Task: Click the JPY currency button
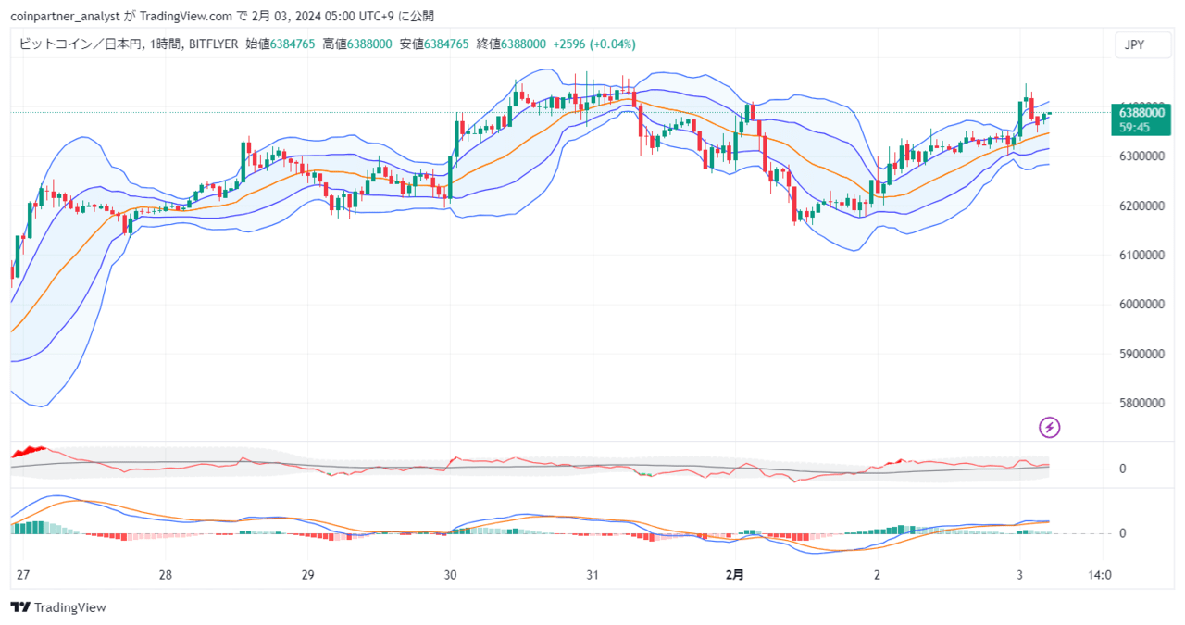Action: pos(1142,45)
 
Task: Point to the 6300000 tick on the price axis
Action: pos(1141,156)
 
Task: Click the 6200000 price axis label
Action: pos(1141,206)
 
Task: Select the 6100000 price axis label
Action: pos(1141,255)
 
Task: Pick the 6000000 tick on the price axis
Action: pos(1141,305)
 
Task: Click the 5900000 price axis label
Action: pos(1141,354)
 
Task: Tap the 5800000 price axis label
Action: pos(1141,404)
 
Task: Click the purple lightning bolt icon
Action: pos(1050,428)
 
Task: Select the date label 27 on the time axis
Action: pos(23,575)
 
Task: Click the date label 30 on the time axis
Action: pos(450,575)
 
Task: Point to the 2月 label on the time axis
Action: pos(735,575)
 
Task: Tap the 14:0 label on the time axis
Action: pos(1100,575)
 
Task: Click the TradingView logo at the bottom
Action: pos(58,607)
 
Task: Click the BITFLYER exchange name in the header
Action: pos(213,44)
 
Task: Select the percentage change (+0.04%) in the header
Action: pos(613,44)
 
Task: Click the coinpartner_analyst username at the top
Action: pos(65,17)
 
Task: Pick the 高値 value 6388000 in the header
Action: pos(369,44)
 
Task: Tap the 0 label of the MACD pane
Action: pos(1122,533)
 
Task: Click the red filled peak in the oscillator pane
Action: pos(29,452)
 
